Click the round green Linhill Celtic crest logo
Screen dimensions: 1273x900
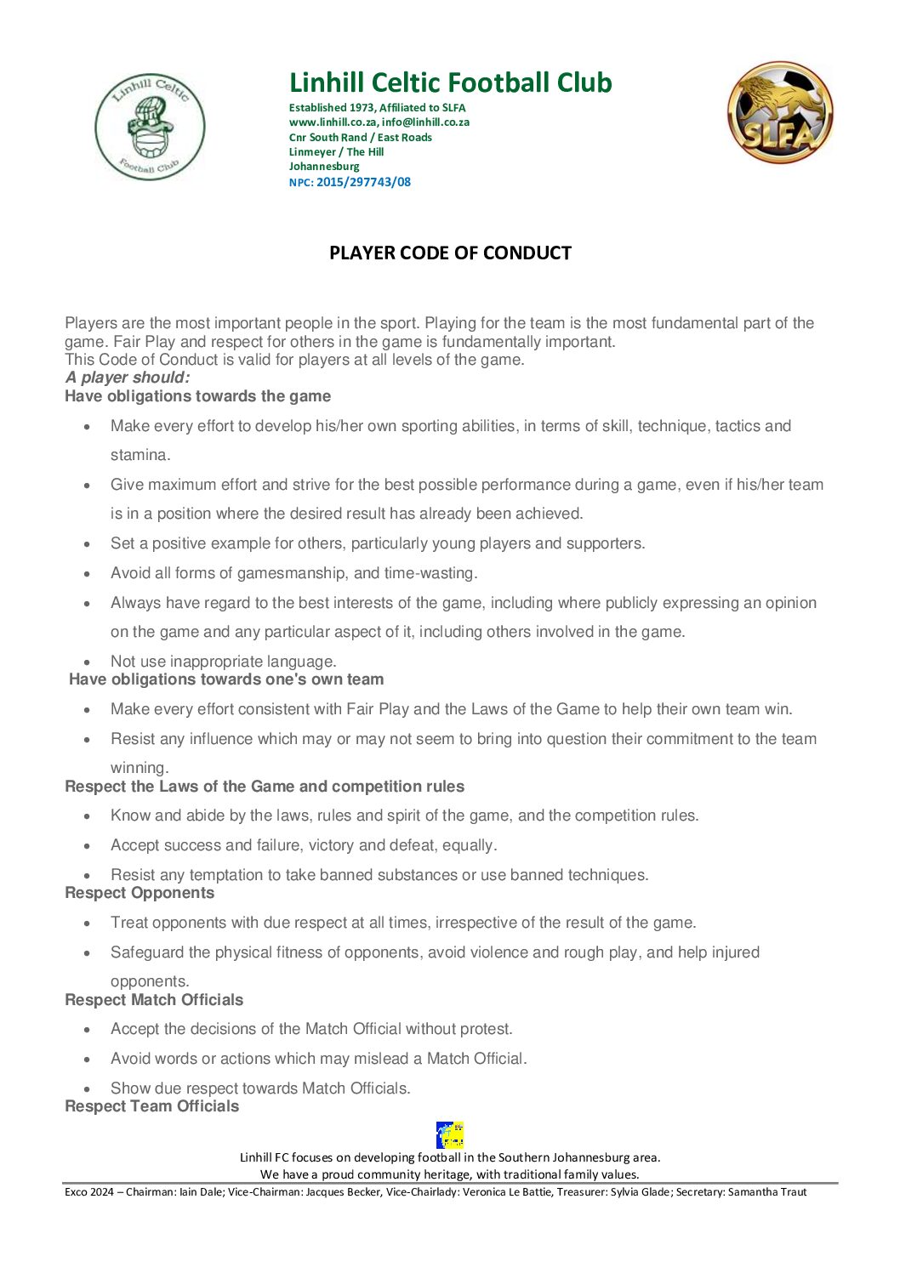click(x=150, y=127)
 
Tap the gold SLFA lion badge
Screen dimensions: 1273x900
click(x=779, y=112)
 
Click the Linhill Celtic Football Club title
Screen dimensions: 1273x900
click(x=450, y=82)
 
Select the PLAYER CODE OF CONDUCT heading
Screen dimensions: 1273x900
click(x=450, y=253)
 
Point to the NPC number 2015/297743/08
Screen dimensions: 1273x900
click(x=363, y=182)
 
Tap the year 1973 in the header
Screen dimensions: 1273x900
click(x=362, y=108)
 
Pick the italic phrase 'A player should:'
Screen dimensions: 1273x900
click(x=128, y=378)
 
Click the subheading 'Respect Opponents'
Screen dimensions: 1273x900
click(x=140, y=893)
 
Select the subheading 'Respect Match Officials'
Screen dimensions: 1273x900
click(x=154, y=1000)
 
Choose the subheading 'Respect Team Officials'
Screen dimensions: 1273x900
click(x=151, y=1106)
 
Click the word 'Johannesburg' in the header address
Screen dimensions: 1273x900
click(x=324, y=167)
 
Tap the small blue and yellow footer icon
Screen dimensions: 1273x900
click(x=450, y=1135)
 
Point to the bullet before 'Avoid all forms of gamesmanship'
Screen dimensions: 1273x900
click(x=88, y=574)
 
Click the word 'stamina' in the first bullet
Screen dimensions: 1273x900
click(x=139, y=455)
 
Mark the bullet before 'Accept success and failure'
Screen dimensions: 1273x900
click(x=88, y=846)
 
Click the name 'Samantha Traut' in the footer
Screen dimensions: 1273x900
click(x=766, y=1192)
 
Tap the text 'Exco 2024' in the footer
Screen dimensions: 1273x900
click(x=89, y=1192)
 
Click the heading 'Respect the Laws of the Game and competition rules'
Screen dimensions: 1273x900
click(x=265, y=787)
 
